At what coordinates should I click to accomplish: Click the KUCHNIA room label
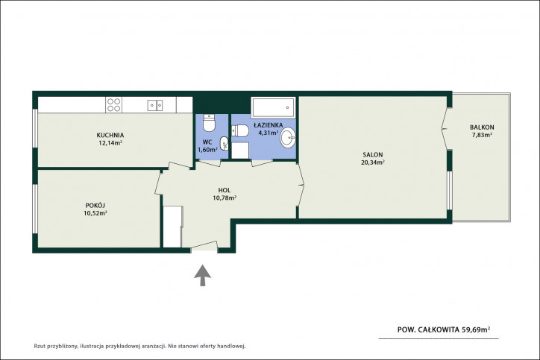pyautogui.click(x=110, y=135)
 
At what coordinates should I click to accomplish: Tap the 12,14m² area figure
pyautogui.click(x=110, y=143)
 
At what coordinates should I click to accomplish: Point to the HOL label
pyautogui.click(x=225, y=190)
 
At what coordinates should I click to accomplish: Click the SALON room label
pyautogui.click(x=373, y=155)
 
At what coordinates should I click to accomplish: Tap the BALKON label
pyautogui.click(x=482, y=127)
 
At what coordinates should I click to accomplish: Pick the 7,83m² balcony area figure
pyautogui.click(x=482, y=135)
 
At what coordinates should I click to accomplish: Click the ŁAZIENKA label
pyautogui.click(x=269, y=125)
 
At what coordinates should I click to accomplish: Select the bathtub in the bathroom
pyautogui.click(x=273, y=107)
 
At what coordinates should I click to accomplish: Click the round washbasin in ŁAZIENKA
pyautogui.click(x=288, y=138)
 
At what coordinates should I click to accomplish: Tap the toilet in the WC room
pyautogui.click(x=209, y=123)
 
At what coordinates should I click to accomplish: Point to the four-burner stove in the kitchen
pyautogui.click(x=113, y=104)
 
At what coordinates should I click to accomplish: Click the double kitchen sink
pyautogui.click(x=155, y=105)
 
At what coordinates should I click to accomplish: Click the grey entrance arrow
pyautogui.click(x=203, y=275)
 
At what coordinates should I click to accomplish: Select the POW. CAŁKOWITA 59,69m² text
pyautogui.click(x=444, y=329)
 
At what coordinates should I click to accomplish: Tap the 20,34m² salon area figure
pyautogui.click(x=373, y=162)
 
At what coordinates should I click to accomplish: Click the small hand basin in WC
pyautogui.click(x=225, y=143)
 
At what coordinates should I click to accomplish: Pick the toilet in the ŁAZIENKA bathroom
pyautogui.click(x=240, y=130)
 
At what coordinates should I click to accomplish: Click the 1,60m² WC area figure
pyautogui.click(x=207, y=150)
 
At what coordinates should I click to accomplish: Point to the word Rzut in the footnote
pyautogui.click(x=40, y=346)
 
